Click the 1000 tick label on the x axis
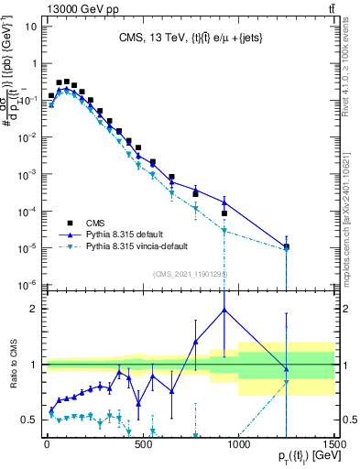(239, 447)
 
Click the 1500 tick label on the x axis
(333, 447)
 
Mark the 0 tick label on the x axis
(47, 447)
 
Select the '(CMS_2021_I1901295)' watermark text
(191, 274)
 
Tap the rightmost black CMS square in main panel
(287, 246)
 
